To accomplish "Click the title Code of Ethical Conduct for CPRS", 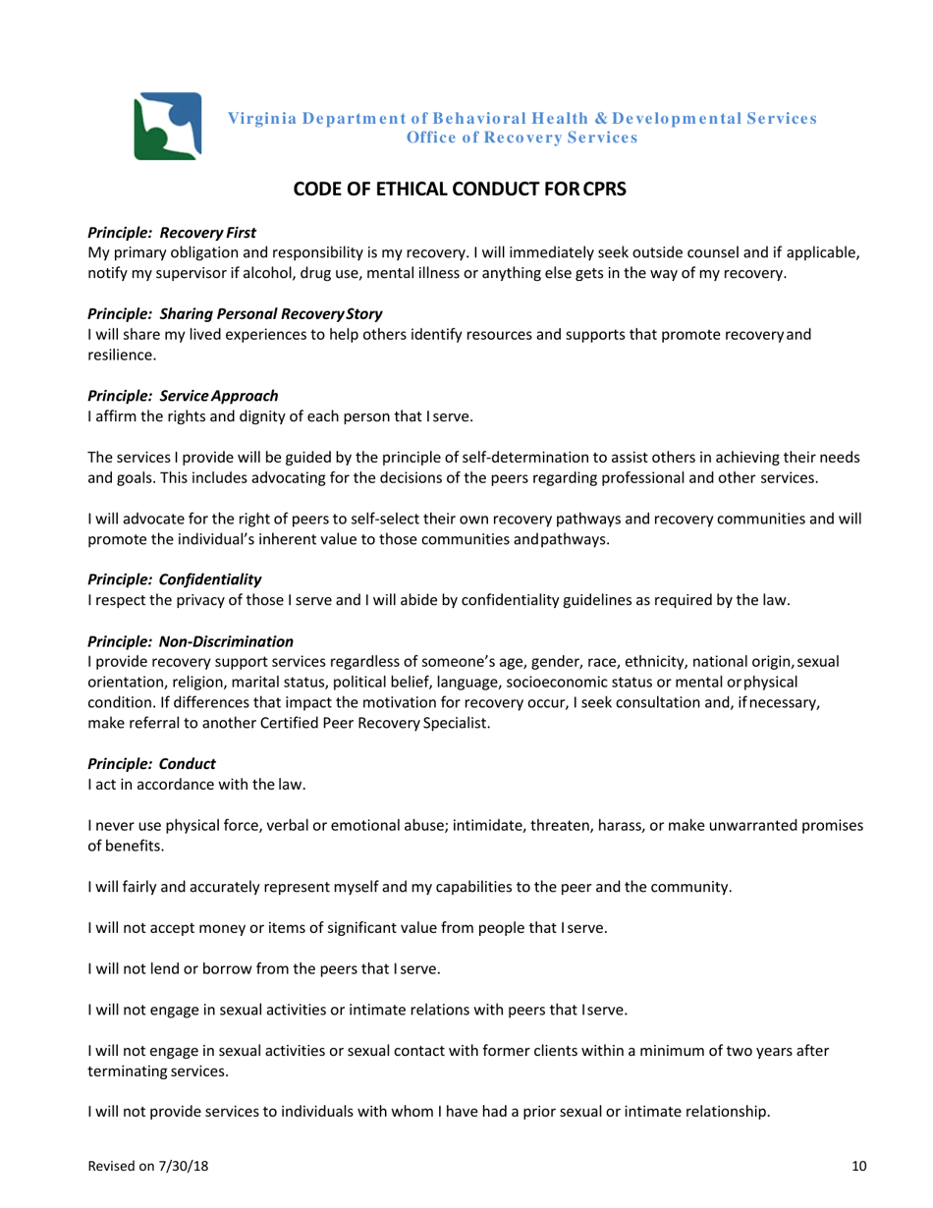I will point(466,191).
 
